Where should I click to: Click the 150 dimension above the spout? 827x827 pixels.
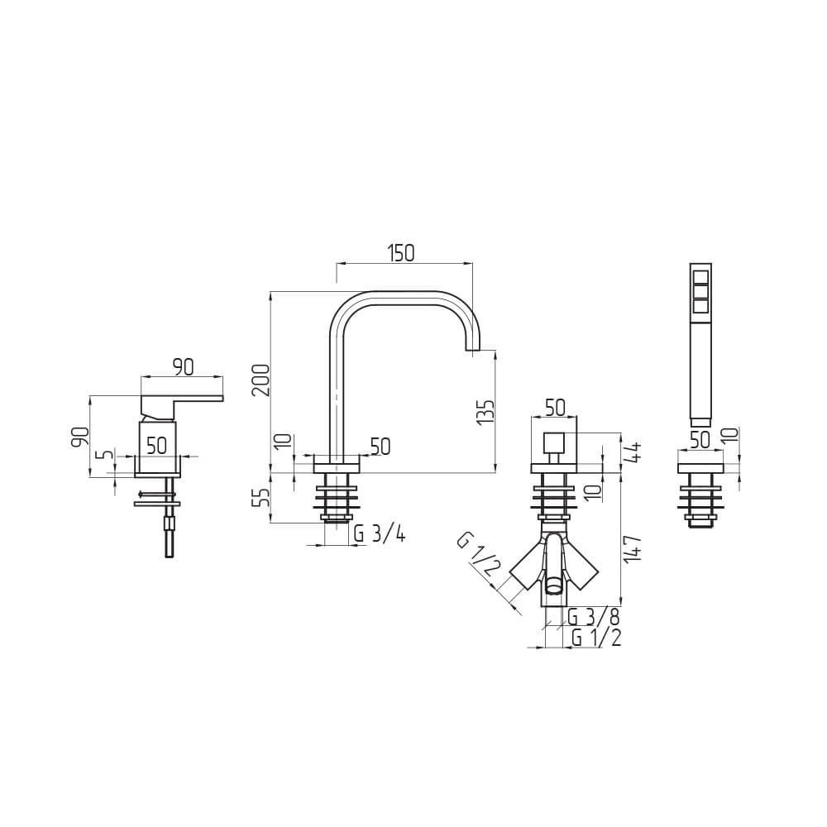(402, 253)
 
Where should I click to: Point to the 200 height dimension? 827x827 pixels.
(261, 380)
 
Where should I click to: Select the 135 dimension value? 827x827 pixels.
(485, 412)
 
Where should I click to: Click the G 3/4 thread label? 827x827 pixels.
(380, 535)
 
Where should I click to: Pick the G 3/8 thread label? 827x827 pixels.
(593, 616)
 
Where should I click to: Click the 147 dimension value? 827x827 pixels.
(633, 549)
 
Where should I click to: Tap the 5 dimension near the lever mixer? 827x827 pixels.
(107, 455)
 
